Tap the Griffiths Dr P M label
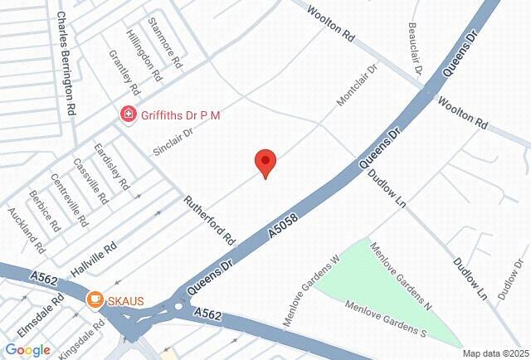(x=180, y=114)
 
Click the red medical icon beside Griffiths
(x=128, y=114)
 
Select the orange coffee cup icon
(x=95, y=299)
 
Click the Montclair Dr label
(x=357, y=85)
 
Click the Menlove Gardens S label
(x=386, y=319)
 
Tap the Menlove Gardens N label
(x=402, y=276)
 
